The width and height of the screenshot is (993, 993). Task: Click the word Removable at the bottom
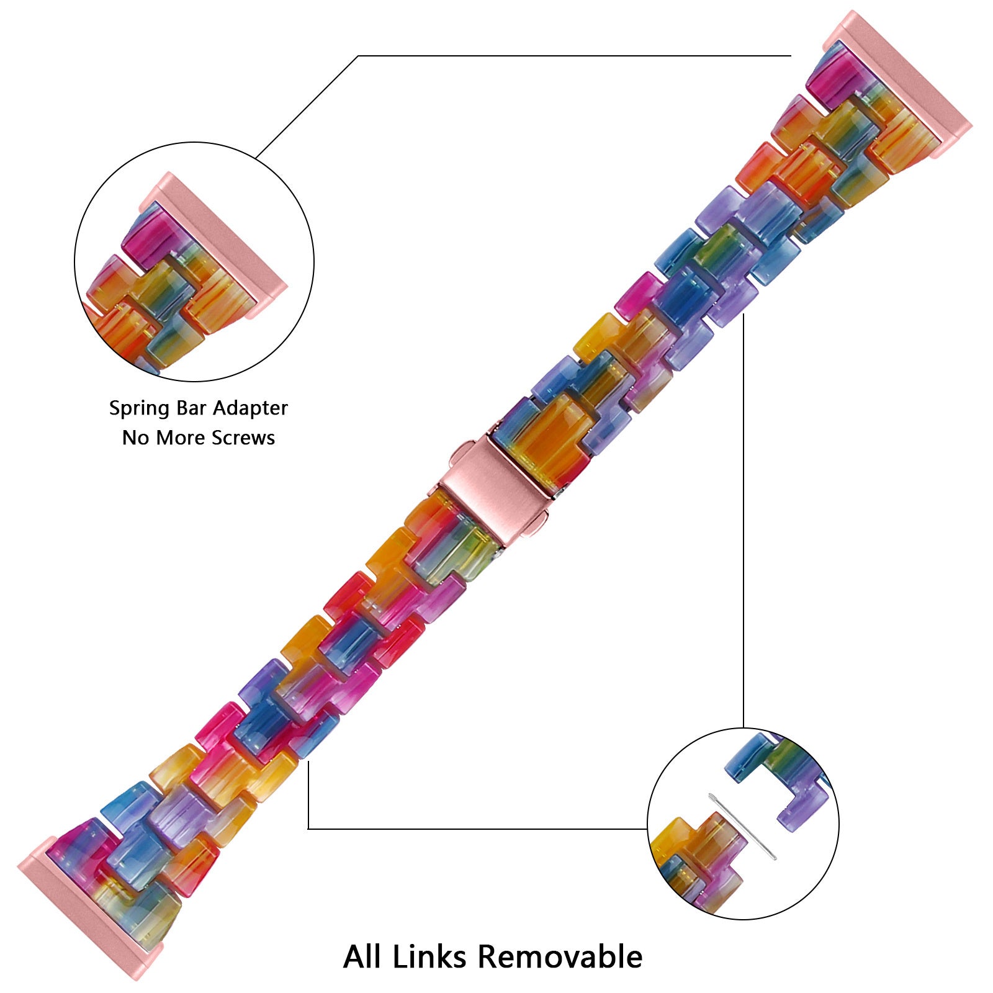point(560,956)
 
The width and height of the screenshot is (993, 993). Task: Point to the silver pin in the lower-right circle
point(743,827)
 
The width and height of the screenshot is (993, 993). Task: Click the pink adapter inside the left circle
point(211,243)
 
